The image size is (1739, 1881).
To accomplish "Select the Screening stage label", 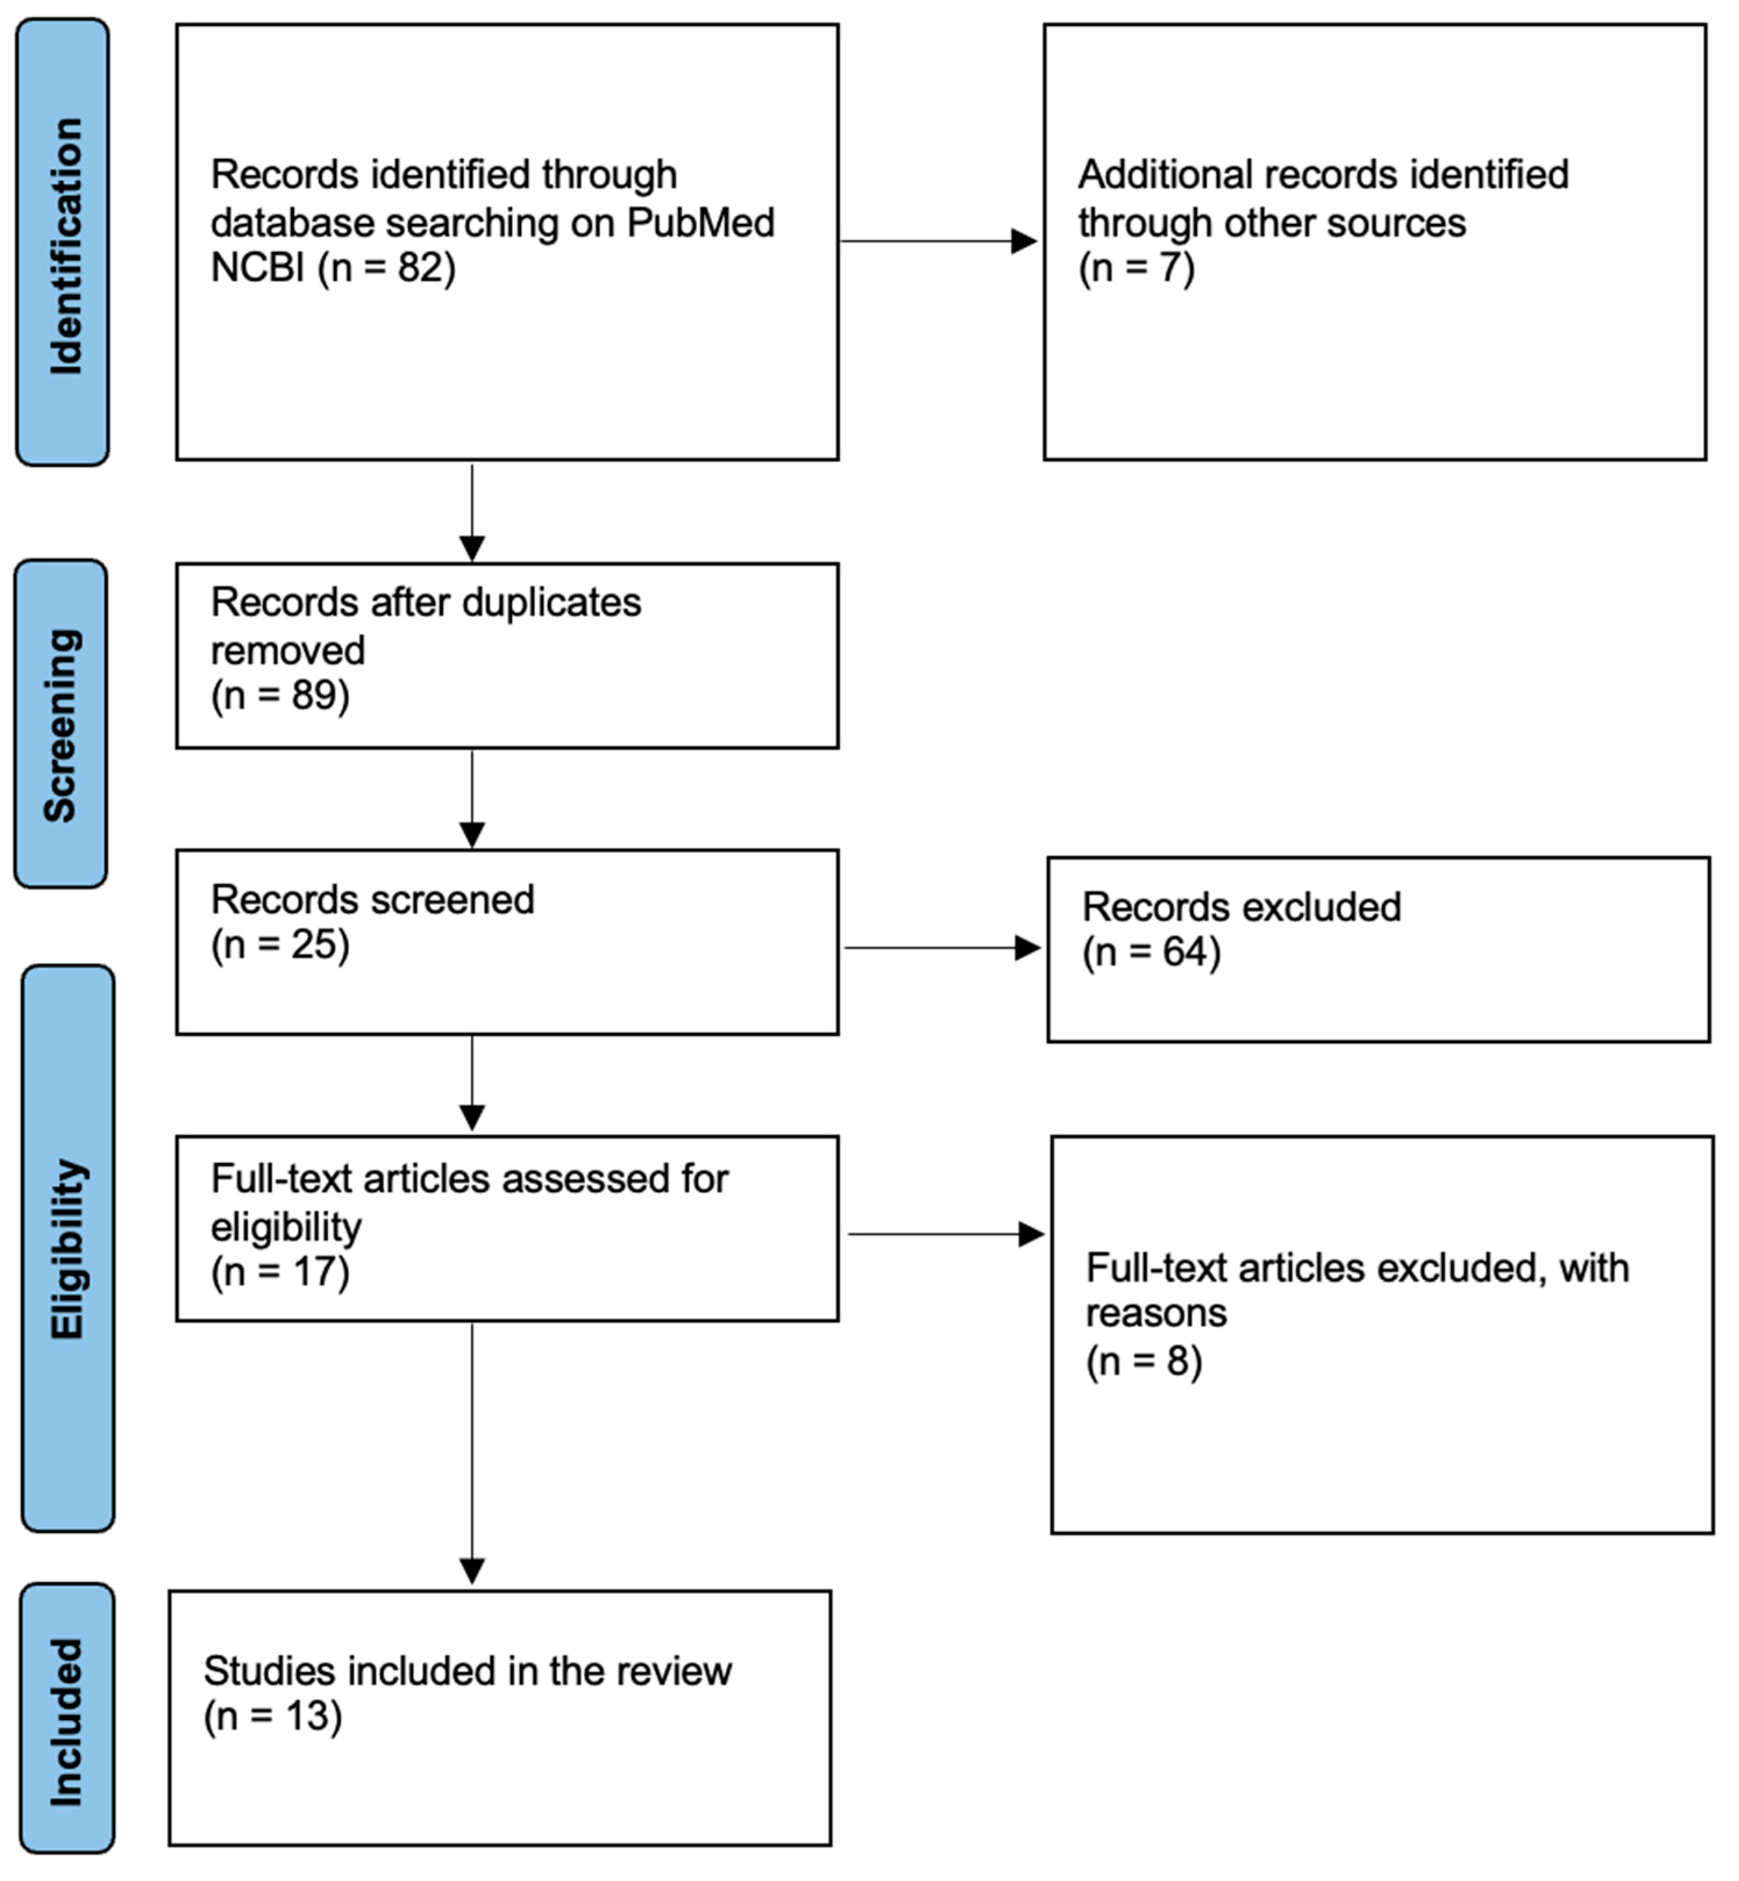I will click(x=61, y=724).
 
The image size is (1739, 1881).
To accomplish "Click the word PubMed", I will click(x=700, y=223).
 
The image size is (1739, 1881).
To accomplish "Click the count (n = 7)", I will click(x=1137, y=268).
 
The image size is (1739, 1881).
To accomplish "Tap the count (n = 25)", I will click(x=280, y=945).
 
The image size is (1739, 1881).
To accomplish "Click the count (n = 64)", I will click(x=1152, y=952).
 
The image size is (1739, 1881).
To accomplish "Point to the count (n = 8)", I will click(x=1144, y=1362).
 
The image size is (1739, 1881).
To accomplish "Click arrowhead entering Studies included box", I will click(x=472, y=1572).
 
